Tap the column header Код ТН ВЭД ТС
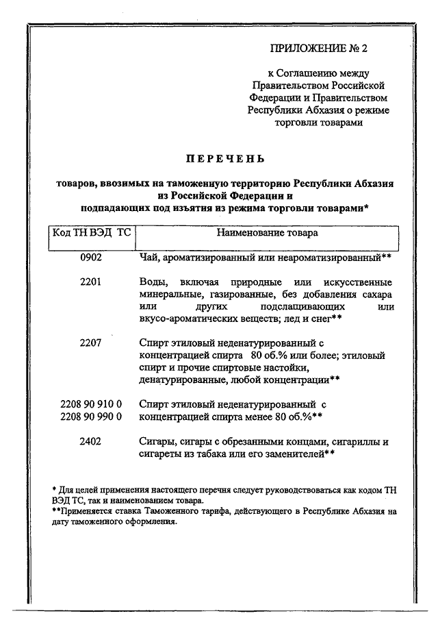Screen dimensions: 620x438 pos(91,233)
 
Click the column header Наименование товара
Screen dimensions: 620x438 pos(266,233)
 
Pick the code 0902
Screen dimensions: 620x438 pos(90,258)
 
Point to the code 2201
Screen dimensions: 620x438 pos(90,282)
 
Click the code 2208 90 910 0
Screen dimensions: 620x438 pos(90,404)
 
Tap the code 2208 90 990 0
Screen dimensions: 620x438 pos(90,416)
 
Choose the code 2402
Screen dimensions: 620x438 pos(90,442)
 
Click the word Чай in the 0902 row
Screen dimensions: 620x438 pos(148,258)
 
